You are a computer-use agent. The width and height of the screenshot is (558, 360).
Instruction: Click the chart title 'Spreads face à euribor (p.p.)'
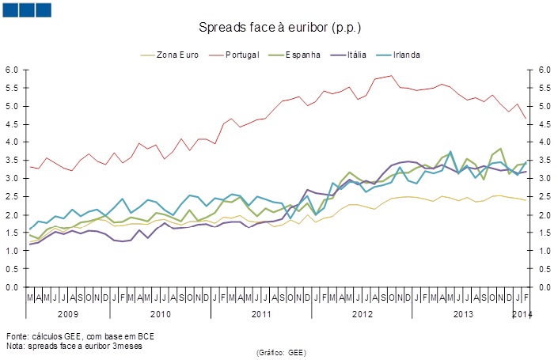[x=279, y=28]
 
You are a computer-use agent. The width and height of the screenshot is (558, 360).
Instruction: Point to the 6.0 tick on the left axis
[x=12, y=70]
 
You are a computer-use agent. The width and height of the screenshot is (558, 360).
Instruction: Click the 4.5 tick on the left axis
[x=12, y=124]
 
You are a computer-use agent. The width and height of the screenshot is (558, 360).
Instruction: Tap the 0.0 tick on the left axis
[x=12, y=287]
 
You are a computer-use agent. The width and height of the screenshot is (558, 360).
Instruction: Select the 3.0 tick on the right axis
[x=545, y=179]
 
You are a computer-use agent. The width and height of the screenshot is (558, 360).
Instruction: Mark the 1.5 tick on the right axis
[x=545, y=233]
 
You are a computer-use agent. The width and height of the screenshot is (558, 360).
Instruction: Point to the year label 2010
[x=160, y=315]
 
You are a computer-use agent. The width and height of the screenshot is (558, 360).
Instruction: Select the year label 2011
[x=261, y=315]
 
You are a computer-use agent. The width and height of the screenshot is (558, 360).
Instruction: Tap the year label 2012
[x=362, y=315]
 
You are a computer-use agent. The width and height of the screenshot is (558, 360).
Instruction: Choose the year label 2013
[x=462, y=315]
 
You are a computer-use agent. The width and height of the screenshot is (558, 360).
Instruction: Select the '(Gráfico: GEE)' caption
[x=281, y=352]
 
